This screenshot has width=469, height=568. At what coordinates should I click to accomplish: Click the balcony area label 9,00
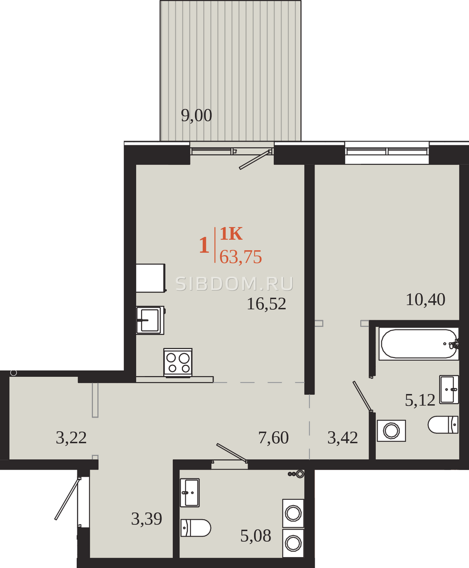(x=197, y=116)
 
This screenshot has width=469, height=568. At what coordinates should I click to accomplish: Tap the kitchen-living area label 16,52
(x=266, y=304)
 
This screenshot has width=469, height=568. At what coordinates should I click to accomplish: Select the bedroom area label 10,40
(x=425, y=300)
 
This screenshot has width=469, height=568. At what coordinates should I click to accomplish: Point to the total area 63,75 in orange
(x=241, y=257)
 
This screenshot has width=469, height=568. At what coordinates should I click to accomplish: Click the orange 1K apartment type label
(x=231, y=234)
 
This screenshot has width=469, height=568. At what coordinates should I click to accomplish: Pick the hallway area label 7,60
(x=273, y=438)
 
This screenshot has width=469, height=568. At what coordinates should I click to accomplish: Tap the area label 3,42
(x=343, y=438)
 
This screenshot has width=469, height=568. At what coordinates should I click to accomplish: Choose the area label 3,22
(x=71, y=438)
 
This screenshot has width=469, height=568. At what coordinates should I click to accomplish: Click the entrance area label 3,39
(x=146, y=519)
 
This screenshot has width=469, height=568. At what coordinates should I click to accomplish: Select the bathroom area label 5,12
(x=420, y=400)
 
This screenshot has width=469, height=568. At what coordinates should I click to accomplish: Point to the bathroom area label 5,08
(x=255, y=536)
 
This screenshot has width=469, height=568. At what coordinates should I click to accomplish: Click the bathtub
(x=419, y=344)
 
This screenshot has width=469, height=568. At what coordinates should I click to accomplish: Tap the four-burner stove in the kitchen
(x=178, y=363)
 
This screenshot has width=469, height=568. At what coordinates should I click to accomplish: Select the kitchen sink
(x=150, y=320)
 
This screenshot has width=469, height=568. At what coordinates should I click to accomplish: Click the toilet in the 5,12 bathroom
(x=443, y=425)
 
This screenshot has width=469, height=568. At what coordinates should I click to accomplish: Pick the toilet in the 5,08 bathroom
(x=196, y=528)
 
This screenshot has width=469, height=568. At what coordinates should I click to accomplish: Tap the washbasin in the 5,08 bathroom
(x=190, y=493)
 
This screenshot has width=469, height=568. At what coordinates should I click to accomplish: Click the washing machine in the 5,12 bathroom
(x=391, y=431)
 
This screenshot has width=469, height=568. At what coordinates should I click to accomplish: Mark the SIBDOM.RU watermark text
(x=234, y=284)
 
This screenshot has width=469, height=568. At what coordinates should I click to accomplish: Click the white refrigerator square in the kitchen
(x=151, y=278)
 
